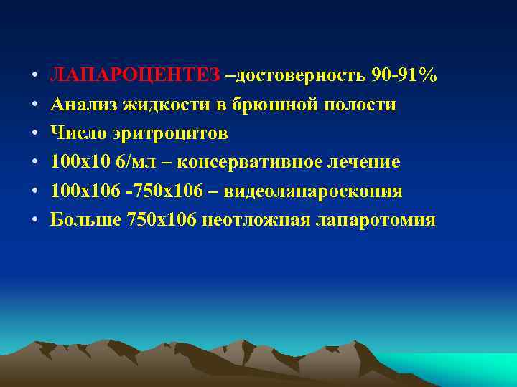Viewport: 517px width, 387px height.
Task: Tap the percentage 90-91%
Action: click(404, 76)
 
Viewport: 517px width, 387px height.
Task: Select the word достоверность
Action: click(302, 76)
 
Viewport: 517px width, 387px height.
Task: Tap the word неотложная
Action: click(255, 219)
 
